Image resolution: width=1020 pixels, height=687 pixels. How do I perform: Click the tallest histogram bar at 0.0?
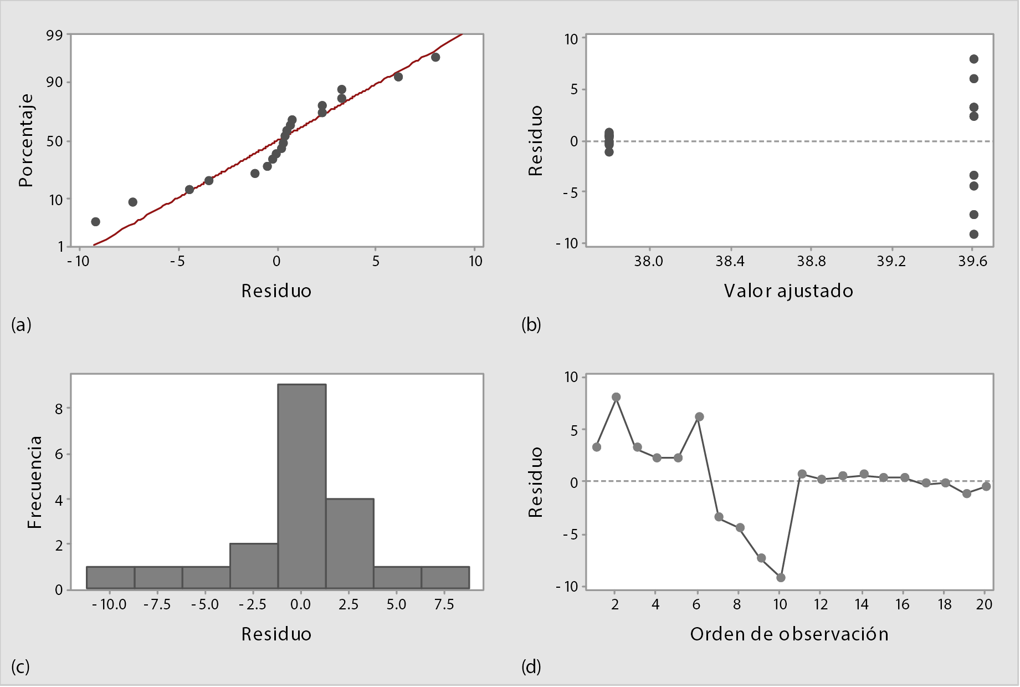tap(301, 486)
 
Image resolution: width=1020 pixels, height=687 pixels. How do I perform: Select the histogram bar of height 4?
tap(350, 543)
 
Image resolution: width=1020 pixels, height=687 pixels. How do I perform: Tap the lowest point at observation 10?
tap(781, 578)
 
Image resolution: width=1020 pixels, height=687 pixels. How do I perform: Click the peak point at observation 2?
tap(616, 397)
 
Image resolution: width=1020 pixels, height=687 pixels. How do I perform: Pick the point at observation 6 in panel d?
tap(699, 416)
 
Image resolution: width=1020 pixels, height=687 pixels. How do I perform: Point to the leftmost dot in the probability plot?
tap(95, 222)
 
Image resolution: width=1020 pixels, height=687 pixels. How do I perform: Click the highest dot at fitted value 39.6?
tap(973, 59)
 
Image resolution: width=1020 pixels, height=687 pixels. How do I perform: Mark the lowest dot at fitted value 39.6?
tap(973, 234)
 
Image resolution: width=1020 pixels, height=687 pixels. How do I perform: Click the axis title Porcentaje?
tap(26, 140)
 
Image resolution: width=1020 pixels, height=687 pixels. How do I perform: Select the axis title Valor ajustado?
tap(788, 291)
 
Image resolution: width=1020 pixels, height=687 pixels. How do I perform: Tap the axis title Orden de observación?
tap(789, 634)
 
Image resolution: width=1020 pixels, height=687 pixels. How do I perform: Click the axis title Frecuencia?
tap(34, 481)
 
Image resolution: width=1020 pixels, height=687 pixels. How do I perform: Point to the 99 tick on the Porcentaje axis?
tap(55, 35)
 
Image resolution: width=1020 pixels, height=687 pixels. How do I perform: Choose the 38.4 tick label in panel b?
tap(730, 261)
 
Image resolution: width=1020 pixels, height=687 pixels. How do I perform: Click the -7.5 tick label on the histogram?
tap(157, 604)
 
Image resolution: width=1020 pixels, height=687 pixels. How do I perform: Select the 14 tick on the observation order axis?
tap(862, 604)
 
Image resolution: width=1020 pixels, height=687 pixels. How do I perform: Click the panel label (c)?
tap(20, 666)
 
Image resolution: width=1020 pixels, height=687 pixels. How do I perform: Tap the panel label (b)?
tap(531, 324)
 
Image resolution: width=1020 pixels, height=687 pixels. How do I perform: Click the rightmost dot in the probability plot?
tap(435, 57)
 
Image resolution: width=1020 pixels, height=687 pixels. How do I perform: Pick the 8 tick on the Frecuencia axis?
tap(59, 408)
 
